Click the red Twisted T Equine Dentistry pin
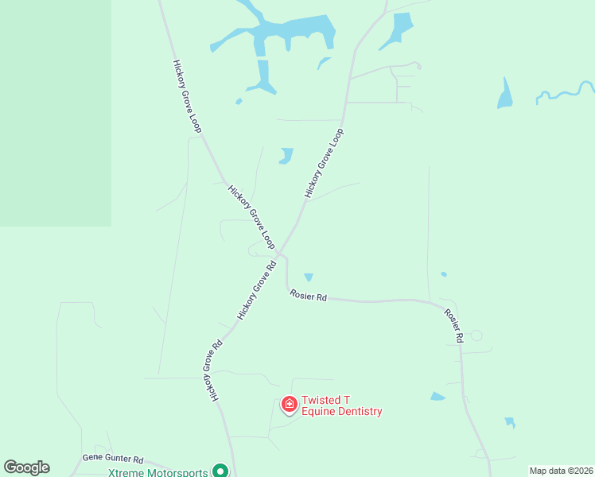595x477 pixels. [290, 404]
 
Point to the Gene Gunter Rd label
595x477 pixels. [113, 460]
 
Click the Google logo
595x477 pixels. [26, 467]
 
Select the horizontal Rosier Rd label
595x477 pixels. [308, 297]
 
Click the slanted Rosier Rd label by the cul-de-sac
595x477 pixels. [453, 325]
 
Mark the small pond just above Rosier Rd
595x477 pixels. [309, 277]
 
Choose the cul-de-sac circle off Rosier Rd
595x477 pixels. [476, 335]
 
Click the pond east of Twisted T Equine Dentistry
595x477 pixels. [437, 396]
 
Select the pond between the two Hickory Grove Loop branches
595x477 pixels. [286, 155]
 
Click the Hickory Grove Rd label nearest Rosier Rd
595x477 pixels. [257, 290]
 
